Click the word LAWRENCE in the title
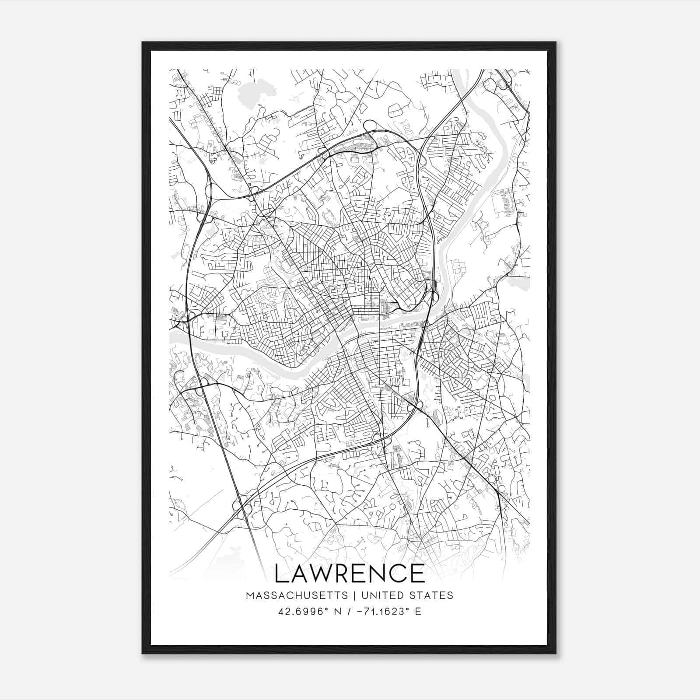pyautogui.click(x=349, y=573)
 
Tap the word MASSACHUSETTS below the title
pyautogui.click(x=297, y=595)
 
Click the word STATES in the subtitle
pyautogui.click(x=430, y=595)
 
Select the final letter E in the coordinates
pyautogui.click(x=418, y=611)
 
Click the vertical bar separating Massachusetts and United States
pyautogui.click(x=353, y=595)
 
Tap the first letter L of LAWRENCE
pyautogui.click(x=281, y=573)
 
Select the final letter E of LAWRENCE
pyautogui.click(x=418, y=573)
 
